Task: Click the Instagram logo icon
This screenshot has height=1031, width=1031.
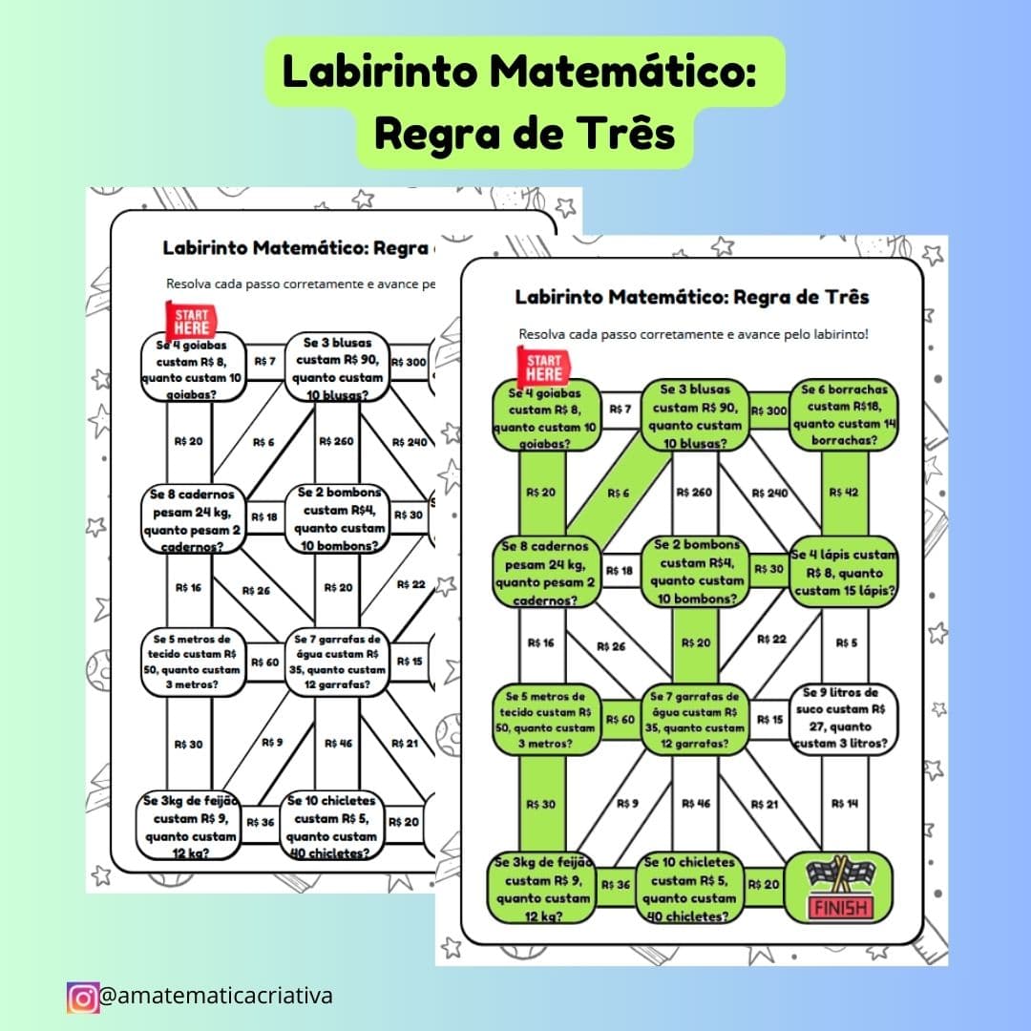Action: tap(83, 997)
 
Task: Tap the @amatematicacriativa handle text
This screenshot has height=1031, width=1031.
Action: tap(216, 996)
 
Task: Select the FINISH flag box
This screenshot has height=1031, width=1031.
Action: tap(839, 888)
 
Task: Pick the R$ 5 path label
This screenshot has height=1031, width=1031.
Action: tap(846, 642)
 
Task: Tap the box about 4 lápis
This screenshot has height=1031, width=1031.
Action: tap(844, 574)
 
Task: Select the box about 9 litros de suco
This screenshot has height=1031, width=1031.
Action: tap(844, 719)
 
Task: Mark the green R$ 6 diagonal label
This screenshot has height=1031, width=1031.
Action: tap(619, 494)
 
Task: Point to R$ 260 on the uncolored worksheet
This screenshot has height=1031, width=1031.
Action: tap(337, 442)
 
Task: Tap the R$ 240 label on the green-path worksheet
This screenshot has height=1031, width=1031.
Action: tap(769, 494)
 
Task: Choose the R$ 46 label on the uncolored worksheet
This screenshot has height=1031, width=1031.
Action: tap(338, 743)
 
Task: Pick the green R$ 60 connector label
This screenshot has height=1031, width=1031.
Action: tap(621, 720)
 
